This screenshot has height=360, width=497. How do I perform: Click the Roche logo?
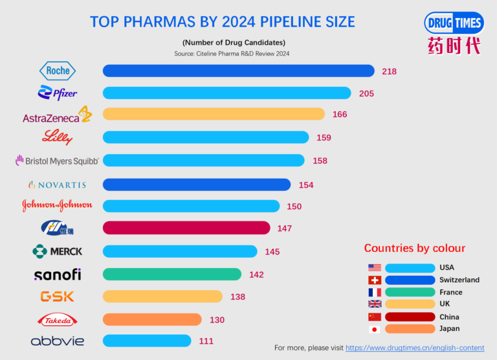(x=58, y=71)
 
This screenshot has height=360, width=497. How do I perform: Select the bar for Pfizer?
(x=226, y=93)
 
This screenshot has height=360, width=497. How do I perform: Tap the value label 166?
(x=340, y=115)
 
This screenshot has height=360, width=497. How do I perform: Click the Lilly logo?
(x=58, y=137)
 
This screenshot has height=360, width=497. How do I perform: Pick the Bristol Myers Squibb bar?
(x=203, y=160)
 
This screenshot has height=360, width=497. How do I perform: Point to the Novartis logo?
(x=58, y=185)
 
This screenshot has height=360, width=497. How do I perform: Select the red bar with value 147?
(x=186, y=228)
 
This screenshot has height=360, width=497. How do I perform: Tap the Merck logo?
(x=58, y=251)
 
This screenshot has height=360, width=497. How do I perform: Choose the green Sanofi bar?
(x=172, y=274)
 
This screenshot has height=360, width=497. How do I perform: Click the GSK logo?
(x=58, y=296)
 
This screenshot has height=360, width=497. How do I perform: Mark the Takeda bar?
(x=152, y=319)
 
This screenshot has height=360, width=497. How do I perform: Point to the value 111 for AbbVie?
(x=206, y=341)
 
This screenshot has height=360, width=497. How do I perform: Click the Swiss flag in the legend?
(x=374, y=280)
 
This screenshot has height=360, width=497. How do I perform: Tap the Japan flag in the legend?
(x=374, y=329)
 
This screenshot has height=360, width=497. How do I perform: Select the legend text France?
(x=451, y=293)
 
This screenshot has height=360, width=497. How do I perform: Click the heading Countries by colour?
(x=414, y=249)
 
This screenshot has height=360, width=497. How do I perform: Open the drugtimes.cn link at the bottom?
(x=415, y=348)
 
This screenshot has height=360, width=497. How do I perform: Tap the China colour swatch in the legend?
(x=410, y=317)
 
